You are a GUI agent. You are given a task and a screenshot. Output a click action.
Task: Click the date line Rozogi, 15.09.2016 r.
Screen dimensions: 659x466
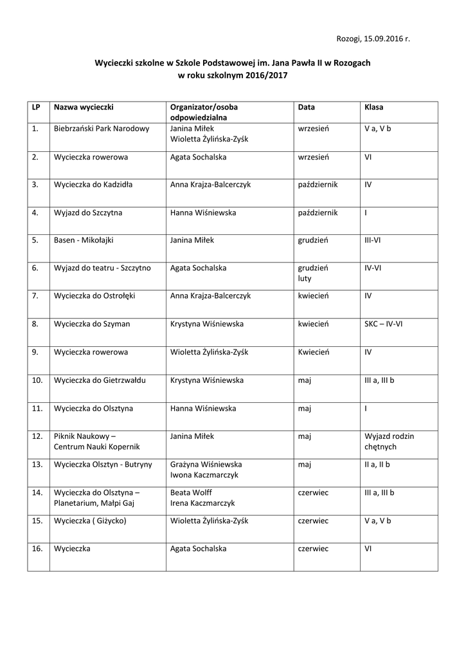pos(373,39)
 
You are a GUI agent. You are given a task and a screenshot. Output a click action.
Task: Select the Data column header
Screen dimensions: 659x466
pos(306,107)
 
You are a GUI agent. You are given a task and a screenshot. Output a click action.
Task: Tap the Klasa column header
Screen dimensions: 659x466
pos(373,107)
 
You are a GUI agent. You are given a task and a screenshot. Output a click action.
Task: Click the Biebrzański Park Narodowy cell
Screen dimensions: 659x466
pos(102,129)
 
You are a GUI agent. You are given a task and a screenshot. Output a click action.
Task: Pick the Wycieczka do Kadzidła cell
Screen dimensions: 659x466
pos(93,185)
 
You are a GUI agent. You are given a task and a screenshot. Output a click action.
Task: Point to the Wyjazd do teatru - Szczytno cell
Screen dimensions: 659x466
pos(102,268)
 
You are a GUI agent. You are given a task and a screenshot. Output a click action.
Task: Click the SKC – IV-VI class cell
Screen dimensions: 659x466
pos(383,324)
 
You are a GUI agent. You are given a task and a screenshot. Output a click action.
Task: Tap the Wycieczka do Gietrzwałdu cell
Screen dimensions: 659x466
pos(100,380)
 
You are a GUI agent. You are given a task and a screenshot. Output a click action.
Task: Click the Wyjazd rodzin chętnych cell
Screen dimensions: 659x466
pos(389,441)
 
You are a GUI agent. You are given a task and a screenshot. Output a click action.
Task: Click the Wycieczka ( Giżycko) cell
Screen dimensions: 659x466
pos(90,521)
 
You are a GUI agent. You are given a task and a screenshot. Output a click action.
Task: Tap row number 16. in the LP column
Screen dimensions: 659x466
pos(37,549)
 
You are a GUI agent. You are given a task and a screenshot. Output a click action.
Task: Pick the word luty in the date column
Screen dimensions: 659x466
pos(304,279)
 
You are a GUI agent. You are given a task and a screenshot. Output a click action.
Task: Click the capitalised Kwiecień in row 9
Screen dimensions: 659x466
pos(314,352)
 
